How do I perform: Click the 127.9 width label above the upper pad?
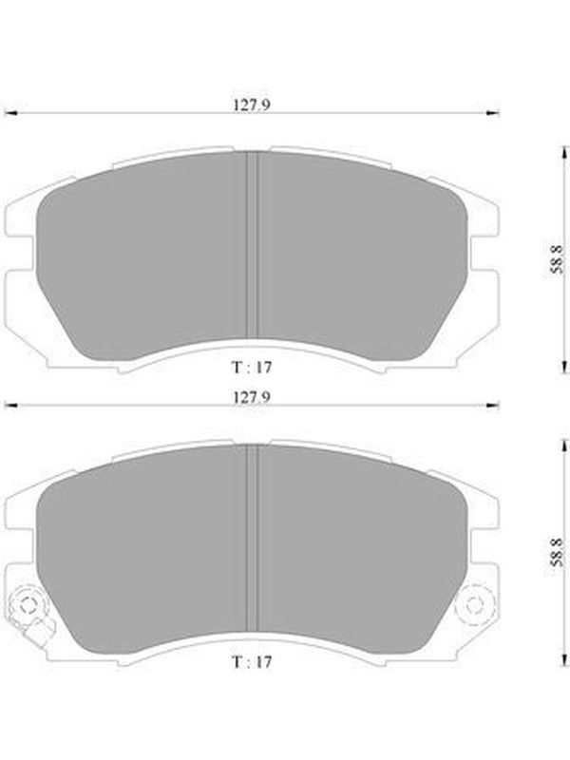click(252, 104)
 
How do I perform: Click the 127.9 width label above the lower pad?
click(252, 397)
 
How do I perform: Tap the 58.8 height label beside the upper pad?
click(557, 259)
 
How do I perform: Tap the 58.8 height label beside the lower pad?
click(557, 552)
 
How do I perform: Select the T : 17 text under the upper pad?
click(252, 368)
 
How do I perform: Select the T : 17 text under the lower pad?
click(252, 661)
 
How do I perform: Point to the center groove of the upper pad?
click(252, 245)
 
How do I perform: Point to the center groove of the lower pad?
click(252, 538)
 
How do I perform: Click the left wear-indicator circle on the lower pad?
click(28, 604)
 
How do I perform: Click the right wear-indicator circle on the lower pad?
click(473, 604)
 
